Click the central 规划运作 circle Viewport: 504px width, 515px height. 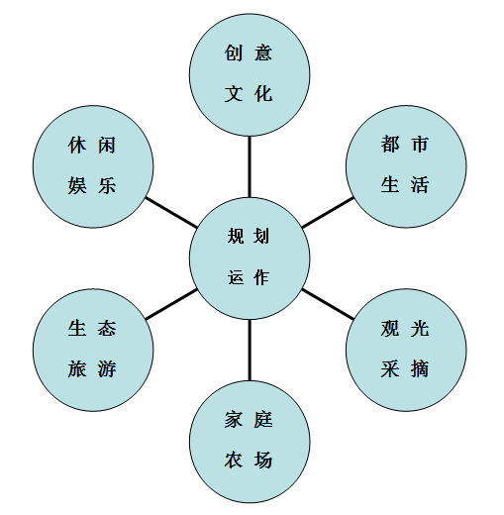[250, 258]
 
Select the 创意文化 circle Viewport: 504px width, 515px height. [250, 75]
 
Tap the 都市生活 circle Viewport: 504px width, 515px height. [406, 166]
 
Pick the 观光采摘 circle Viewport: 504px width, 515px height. [406, 350]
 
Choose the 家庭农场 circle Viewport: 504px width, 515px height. [250, 442]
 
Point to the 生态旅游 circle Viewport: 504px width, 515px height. [93, 350]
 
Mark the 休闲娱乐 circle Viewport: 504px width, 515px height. [93, 166]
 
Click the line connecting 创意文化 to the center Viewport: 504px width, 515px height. [250, 166]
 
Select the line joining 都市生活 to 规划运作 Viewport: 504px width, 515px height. [328, 213]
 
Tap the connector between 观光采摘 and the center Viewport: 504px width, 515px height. [328, 304]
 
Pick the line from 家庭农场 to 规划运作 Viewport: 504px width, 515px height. [250, 351]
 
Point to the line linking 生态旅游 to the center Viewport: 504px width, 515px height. [171, 304]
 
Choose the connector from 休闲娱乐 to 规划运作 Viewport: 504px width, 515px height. [171, 213]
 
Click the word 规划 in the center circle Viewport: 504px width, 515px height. [249, 236]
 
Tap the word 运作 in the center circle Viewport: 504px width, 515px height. [249, 277]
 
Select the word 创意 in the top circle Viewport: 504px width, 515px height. [249, 52]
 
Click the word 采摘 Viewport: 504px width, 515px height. [405, 368]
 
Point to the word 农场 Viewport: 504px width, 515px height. [249, 460]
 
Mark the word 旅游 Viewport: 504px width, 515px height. [92, 368]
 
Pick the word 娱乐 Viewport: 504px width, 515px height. [92, 185]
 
